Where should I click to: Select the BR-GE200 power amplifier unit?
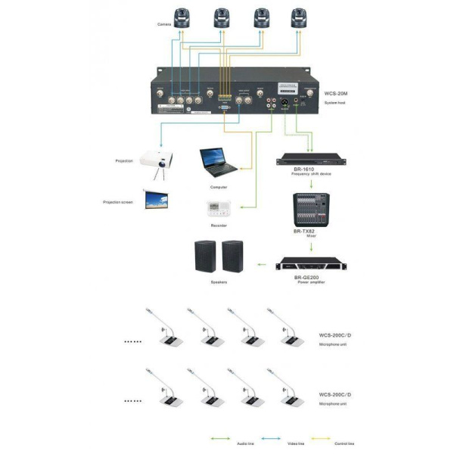309,265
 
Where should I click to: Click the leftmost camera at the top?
182,17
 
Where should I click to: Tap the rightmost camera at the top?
301,17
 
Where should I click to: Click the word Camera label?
164,25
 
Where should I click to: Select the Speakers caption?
219,283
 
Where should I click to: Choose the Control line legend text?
346,443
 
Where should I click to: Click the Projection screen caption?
118,202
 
